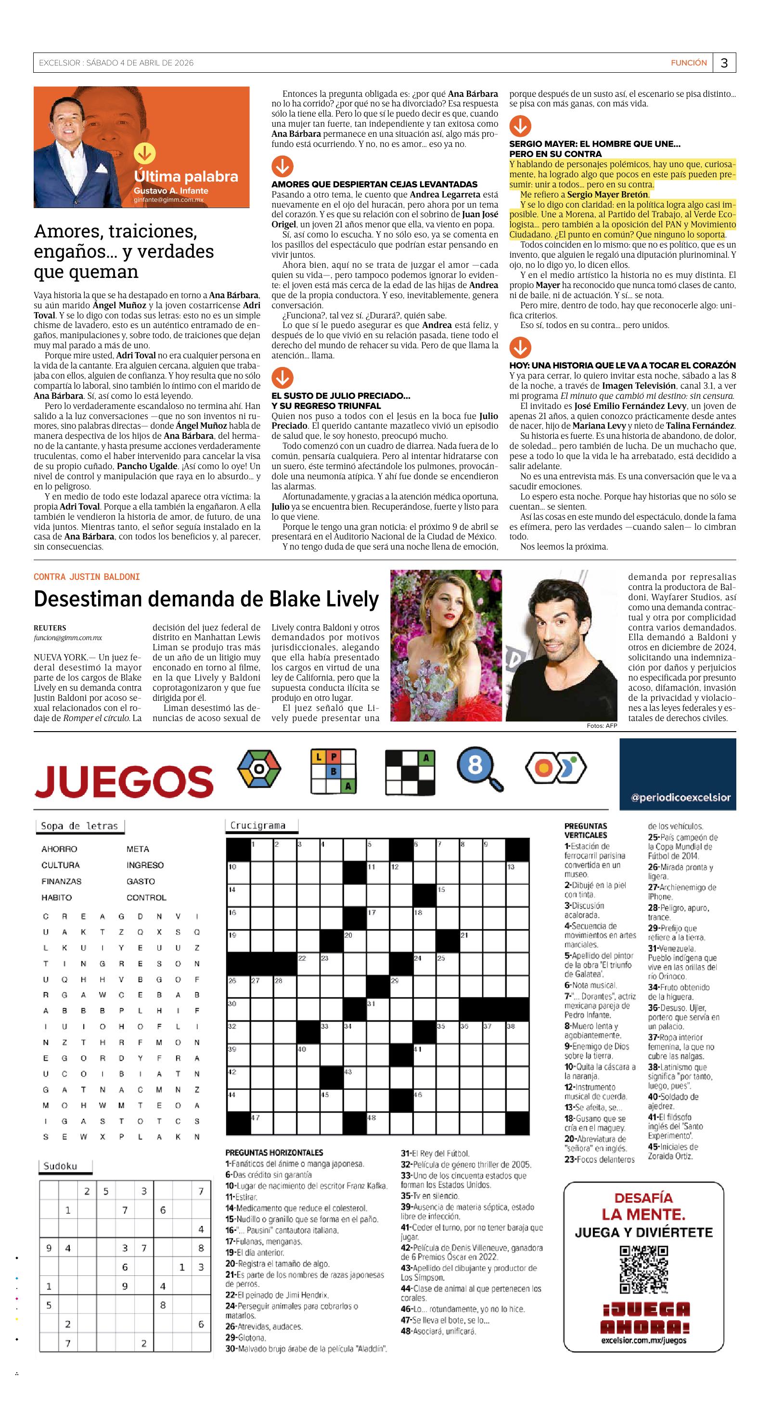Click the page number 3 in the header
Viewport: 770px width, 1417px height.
click(724, 63)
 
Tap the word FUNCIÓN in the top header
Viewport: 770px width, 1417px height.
click(689, 63)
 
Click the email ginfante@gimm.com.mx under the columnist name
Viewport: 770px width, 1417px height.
click(169, 200)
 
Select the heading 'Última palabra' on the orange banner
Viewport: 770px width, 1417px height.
click(186, 177)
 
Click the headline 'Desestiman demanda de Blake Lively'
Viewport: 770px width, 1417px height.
click(206, 599)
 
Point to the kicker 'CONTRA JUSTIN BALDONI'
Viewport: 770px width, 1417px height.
click(87, 577)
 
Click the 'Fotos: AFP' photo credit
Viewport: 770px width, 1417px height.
click(602, 725)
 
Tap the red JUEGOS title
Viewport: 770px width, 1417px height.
click(124, 782)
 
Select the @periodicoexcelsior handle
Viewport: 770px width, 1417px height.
click(678, 798)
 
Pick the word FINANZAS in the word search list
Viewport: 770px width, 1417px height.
click(62, 881)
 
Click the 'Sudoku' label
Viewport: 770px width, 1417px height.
click(61, 1166)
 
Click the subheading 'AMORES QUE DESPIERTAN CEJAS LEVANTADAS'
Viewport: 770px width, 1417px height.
click(374, 184)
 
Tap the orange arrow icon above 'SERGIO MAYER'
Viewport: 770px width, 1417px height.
click(520, 127)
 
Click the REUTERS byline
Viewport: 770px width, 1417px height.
click(50, 628)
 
